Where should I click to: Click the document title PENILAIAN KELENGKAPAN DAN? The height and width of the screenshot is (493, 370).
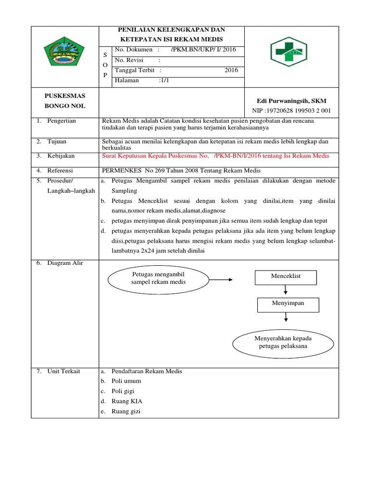click(x=172, y=30)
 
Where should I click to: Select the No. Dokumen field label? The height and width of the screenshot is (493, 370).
click(x=134, y=50)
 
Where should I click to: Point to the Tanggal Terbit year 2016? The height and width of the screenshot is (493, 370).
click(x=231, y=70)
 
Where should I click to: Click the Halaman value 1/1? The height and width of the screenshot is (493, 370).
click(x=164, y=81)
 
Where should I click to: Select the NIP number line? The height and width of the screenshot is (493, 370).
click(x=292, y=111)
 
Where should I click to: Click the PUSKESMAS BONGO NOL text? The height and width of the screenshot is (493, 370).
click(x=65, y=101)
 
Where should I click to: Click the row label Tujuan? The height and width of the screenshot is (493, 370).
click(x=57, y=142)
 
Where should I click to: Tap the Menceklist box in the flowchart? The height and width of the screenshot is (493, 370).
click(x=286, y=277)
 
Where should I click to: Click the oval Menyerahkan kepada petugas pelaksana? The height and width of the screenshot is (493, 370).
click(x=283, y=342)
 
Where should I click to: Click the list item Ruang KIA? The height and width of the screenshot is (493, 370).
click(x=127, y=401)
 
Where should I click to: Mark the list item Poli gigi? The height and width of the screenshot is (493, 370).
click(x=124, y=391)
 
